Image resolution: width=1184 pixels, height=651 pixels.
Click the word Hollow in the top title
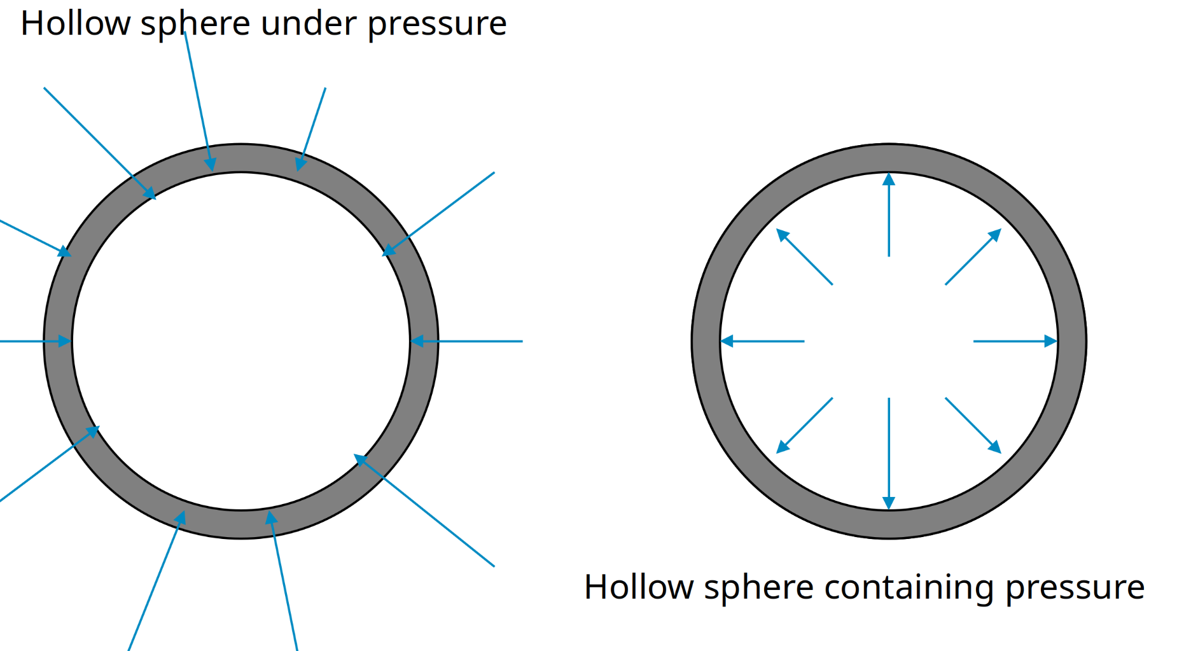click(75, 24)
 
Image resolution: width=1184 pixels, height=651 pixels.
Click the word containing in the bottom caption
click(909, 587)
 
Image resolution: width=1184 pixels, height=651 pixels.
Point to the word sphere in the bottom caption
click(758, 587)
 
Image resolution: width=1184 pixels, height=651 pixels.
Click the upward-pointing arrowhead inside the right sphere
click(889, 179)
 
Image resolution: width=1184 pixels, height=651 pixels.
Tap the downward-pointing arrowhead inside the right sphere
click(889, 503)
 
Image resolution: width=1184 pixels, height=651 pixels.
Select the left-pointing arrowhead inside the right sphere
click(727, 342)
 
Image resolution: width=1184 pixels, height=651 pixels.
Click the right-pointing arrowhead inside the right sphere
click(1051, 342)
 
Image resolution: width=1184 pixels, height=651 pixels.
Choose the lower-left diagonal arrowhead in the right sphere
click(783, 448)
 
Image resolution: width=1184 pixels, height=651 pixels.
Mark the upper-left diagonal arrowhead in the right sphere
click(783, 235)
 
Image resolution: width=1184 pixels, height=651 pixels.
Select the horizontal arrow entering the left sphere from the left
click(32, 342)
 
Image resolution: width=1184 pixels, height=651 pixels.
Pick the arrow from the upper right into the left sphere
click(439, 213)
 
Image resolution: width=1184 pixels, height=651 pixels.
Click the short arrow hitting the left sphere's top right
click(312, 127)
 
